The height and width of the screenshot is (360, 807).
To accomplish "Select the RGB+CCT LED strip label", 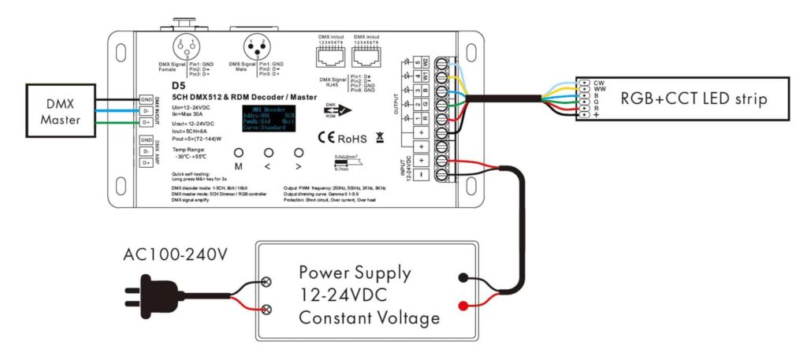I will [694, 98].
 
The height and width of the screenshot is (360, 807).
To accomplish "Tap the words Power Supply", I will [355, 273].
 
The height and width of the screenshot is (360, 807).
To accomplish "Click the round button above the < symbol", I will [268, 153].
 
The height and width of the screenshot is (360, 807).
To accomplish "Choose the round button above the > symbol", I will [298, 153].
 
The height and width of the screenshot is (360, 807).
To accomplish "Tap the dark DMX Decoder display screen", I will [272, 121].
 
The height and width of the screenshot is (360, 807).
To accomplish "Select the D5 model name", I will [178, 87].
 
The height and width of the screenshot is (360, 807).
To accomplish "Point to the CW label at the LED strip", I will [598, 81].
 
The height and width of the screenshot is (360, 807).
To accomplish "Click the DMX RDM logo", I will [334, 110].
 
